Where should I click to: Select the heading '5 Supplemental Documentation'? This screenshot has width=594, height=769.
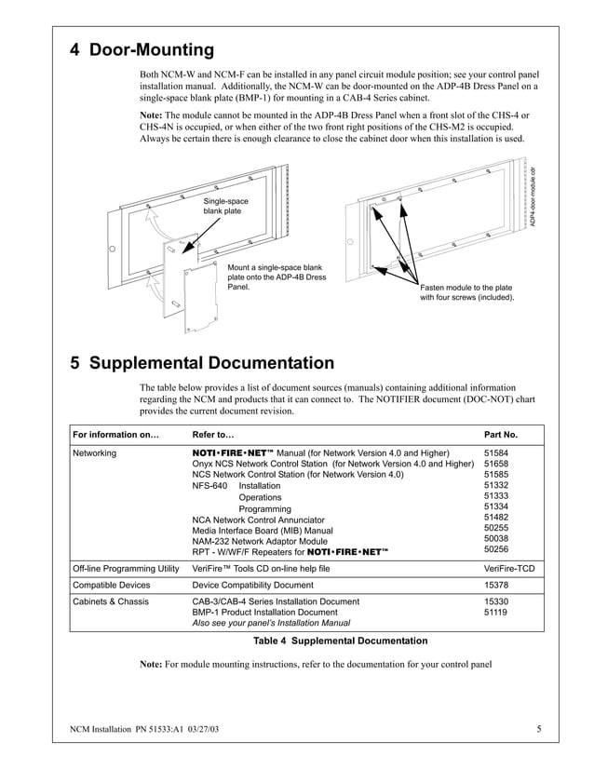202,363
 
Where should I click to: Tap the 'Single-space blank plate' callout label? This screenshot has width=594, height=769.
226,206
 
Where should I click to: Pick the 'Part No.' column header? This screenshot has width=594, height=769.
501,434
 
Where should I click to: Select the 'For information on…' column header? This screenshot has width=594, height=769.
115,434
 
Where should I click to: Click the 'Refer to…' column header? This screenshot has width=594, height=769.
212,434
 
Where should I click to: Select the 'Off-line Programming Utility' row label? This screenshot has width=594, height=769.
125,567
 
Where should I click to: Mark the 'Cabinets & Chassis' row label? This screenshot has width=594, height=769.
111,602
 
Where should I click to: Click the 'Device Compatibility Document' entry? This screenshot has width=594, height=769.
252,585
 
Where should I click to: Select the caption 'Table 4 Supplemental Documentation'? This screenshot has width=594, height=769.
341,641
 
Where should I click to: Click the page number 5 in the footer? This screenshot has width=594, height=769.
538,729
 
